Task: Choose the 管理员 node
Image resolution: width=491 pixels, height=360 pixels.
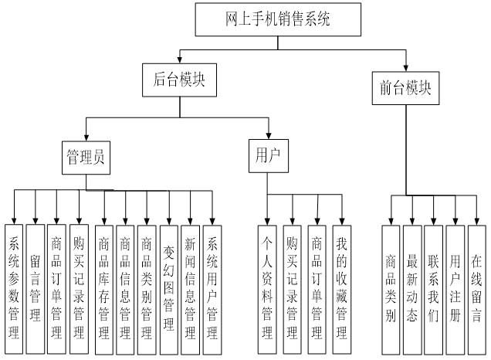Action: (85, 157)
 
